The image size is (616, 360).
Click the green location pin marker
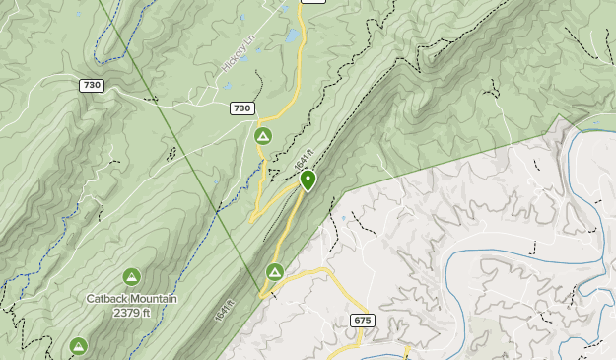308,180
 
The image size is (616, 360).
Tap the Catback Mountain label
131,299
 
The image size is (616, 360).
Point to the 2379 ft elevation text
131,313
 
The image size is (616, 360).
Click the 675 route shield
362,321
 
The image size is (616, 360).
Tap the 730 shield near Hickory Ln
241,108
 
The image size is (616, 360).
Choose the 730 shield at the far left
92,86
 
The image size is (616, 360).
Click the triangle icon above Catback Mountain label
131,277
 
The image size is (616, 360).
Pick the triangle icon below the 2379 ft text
78,345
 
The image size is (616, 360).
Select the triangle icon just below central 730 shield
262,135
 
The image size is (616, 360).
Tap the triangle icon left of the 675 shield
275,271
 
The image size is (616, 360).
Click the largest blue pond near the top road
292,36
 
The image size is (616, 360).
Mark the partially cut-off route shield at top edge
313,2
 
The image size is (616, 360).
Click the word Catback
106,299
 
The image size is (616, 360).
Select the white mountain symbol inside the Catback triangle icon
131,278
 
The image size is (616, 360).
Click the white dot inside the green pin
308,179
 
